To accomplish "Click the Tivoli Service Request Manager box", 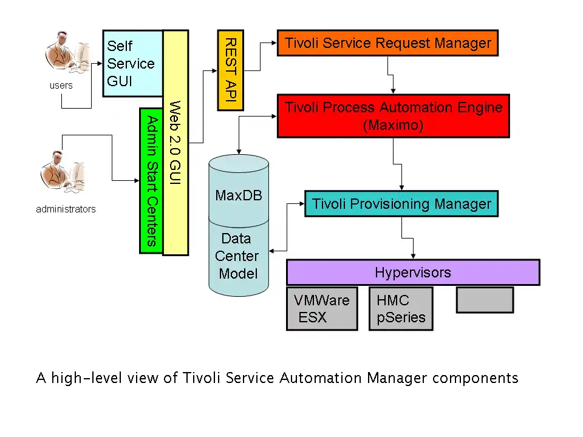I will tap(387, 44).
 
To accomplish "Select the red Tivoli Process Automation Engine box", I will tap(394, 116).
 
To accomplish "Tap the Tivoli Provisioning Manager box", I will tap(401, 204).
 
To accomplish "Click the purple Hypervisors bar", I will tap(413, 273).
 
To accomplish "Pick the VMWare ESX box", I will tap(322, 308).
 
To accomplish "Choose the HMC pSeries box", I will tap(401, 308).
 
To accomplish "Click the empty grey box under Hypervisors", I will tap(485, 300).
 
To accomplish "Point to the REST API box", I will tap(230, 70).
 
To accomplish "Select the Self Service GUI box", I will tap(133, 63).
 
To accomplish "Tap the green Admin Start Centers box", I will tap(151, 180).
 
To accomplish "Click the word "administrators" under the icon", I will tap(66, 209).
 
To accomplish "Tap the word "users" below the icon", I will tap(61, 86).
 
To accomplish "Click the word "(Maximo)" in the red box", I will tap(393, 126).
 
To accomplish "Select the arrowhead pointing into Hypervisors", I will tap(414, 256).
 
